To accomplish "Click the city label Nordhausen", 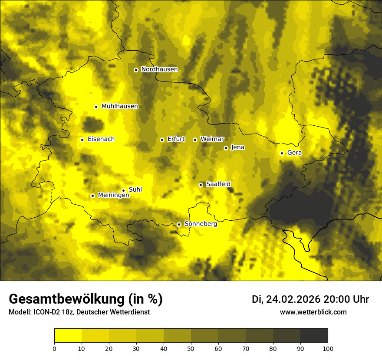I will (159, 69).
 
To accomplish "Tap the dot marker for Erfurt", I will (162, 140).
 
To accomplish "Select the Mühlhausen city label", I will (120, 106).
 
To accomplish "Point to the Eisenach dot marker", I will (82, 140).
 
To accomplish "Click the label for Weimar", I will (212, 139).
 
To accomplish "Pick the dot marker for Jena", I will (226, 148).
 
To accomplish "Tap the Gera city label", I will (294, 153).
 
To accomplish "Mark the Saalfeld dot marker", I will (201, 185).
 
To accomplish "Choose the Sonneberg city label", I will (201, 224).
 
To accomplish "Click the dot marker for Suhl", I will (123, 190).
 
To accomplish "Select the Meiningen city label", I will (114, 195).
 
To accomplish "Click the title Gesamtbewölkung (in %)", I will (86, 299).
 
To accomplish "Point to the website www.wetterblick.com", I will (313, 312).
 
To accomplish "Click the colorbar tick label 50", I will (191, 348).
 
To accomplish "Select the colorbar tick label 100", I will (328, 348).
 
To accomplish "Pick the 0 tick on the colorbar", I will (54, 348).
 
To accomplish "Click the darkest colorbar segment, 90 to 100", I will (314, 336).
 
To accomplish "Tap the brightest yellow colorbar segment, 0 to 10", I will (68, 336).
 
